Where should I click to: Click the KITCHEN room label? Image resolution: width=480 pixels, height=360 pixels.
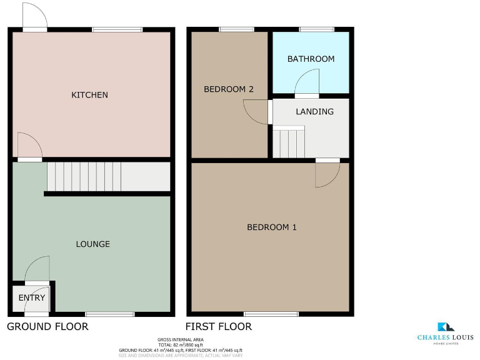[x=90, y=95]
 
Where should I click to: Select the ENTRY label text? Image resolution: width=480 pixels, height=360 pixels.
[x=32, y=297]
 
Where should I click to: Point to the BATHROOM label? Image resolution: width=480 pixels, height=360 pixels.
[x=311, y=59]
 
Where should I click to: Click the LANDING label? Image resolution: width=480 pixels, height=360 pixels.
[x=314, y=112]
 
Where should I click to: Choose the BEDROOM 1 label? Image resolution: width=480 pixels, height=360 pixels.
[x=271, y=227]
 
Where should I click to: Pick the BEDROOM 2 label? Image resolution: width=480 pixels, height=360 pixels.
[x=229, y=89]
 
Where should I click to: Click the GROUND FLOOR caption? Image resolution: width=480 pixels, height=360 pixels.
[x=47, y=326]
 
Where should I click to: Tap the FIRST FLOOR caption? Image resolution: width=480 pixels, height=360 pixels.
[x=219, y=326]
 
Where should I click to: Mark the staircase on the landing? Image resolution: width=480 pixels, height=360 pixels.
[x=289, y=142]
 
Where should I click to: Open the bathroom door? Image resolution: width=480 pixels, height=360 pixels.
[x=307, y=84]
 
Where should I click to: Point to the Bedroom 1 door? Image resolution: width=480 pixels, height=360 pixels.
[x=327, y=173]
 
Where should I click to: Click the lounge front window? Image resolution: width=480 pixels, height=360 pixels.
[x=109, y=314]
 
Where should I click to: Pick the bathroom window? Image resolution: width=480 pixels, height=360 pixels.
[x=316, y=29]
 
